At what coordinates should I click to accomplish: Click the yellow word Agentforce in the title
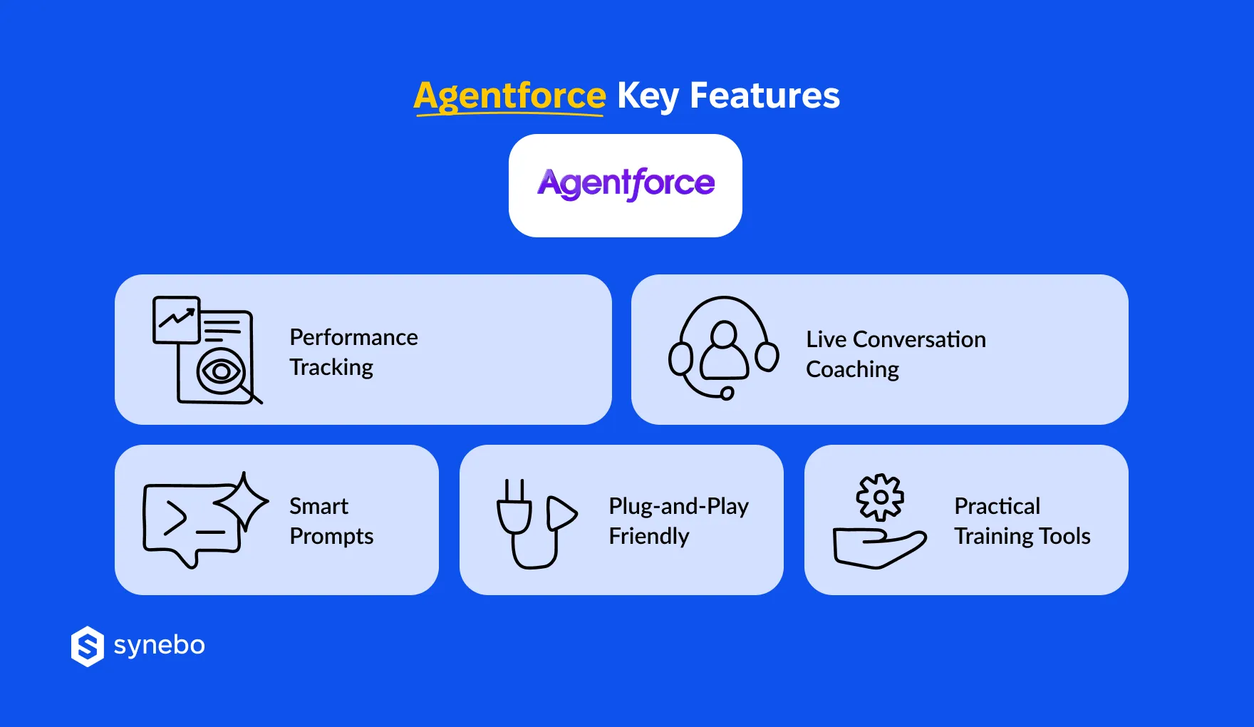pos(509,96)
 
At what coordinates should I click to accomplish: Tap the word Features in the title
pos(765,96)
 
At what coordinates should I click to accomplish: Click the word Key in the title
pos(647,96)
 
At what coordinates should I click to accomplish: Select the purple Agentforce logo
pos(626,184)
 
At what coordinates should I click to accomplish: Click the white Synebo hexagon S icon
pos(88,646)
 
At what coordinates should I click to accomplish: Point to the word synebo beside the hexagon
pos(160,645)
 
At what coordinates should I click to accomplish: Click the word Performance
pos(353,337)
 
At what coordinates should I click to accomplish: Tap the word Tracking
pos(331,367)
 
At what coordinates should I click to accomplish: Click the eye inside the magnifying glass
pos(220,371)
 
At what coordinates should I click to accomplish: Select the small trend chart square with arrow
pos(176,319)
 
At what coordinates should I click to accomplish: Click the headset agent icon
pos(723,348)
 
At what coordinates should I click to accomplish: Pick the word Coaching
pos(852,369)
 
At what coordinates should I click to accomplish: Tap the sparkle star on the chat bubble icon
pos(243,500)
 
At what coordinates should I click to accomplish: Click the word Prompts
pos(331,536)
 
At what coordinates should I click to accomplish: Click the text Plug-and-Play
pos(678,506)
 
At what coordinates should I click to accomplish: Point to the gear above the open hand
pos(881,497)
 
